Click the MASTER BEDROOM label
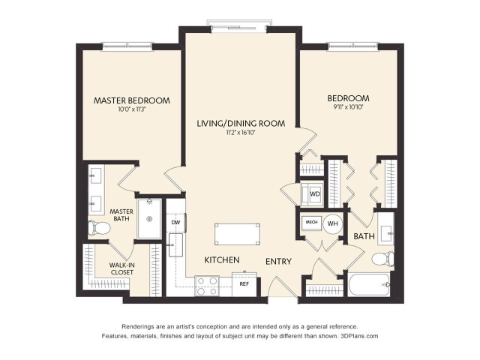pyautogui.click(x=131, y=100)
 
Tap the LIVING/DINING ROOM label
pyautogui.click(x=241, y=123)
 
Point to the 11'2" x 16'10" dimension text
pyautogui.click(x=241, y=133)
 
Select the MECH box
pyautogui.click(x=311, y=223)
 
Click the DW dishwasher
pyautogui.click(x=175, y=222)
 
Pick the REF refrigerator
pyautogui.click(x=244, y=285)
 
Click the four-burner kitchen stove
pyautogui.click(x=206, y=286)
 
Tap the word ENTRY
pyautogui.click(x=278, y=261)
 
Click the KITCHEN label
pyautogui.click(x=223, y=260)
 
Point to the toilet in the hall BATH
pyautogui.click(x=382, y=260)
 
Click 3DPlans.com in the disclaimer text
pyautogui.click(x=358, y=337)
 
